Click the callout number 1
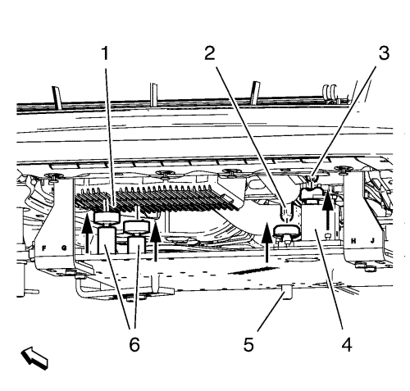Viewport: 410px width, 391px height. (105, 53)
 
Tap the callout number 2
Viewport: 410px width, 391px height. (210, 53)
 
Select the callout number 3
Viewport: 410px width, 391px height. (384, 53)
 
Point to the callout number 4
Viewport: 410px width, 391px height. (347, 344)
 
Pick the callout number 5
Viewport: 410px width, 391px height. (248, 344)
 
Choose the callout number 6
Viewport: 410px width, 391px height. (134, 344)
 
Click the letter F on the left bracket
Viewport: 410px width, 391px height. (43, 248)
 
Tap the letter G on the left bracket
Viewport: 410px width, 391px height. (64, 248)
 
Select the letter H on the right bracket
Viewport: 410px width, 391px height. (353, 241)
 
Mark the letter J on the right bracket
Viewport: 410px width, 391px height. (372, 241)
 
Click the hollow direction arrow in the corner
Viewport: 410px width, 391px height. (34, 358)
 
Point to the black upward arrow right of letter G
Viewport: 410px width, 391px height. (87, 233)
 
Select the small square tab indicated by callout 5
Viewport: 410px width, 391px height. (287, 292)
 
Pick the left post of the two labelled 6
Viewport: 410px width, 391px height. (107, 240)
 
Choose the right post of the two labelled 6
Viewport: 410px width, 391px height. (137, 244)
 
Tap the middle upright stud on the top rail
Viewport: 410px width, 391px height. (154, 94)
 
